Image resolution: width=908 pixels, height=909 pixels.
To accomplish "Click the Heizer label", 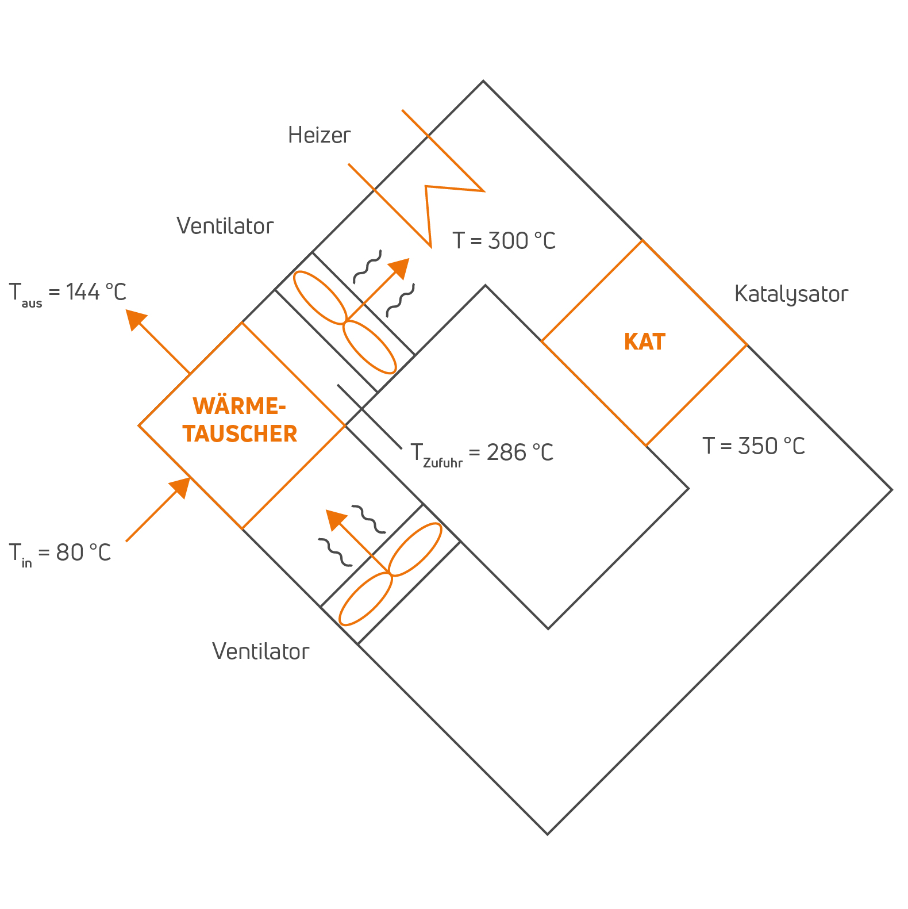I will click(319, 135).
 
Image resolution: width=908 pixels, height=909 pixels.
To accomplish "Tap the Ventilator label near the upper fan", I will click(225, 226).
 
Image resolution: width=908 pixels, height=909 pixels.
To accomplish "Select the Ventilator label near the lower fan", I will click(260, 651).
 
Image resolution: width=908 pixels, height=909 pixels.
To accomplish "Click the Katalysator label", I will click(791, 294).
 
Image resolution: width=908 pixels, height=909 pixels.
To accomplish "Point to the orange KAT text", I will click(644, 342).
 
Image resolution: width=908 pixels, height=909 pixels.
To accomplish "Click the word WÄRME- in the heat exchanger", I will click(239, 406).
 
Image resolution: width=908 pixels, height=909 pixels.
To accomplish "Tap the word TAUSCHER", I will click(240, 434).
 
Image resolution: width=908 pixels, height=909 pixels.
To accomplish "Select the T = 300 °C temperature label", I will click(504, 240).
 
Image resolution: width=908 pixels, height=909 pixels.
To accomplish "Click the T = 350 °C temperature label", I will click(753, 446).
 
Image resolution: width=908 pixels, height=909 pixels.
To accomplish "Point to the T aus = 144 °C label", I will click(67, 293).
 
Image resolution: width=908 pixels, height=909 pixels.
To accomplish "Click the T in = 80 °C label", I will click(60, 553).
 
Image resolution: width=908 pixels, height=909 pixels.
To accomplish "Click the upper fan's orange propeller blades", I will click(344, 323).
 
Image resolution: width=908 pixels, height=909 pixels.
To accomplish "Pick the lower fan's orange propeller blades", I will click(390, 574).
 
